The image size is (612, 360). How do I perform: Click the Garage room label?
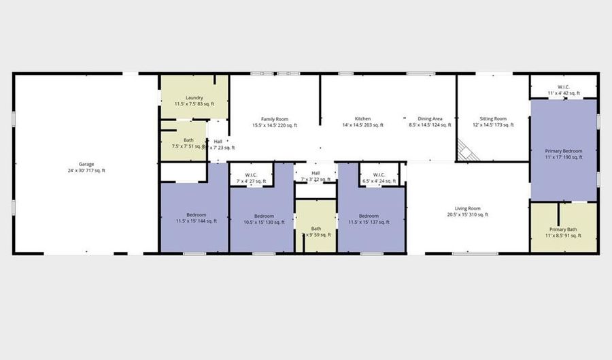86,164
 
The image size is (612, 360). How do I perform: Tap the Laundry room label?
194,97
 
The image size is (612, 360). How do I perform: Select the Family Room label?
275,119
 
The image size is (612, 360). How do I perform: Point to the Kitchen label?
362,119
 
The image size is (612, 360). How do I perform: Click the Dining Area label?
430,119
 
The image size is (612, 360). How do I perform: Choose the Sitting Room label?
493,119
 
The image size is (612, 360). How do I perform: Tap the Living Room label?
467,208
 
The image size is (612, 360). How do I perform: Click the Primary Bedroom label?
564,150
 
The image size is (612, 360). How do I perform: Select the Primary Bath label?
563,229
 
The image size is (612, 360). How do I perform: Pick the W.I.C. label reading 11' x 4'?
564,87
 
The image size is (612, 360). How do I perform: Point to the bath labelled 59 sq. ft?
316,229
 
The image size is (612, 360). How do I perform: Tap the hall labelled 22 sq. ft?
316,174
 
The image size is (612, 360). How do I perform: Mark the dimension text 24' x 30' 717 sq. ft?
86,170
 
